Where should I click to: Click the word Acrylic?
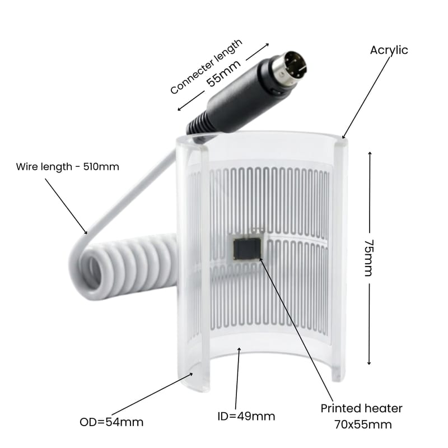[389, 50]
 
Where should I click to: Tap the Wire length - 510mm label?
[67, 166]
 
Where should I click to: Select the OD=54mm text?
[111, 422]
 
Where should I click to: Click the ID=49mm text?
[246, 416]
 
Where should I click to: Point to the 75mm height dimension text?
[368, 258]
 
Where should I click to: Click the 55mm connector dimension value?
[223, 73]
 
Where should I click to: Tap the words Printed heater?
[361, 408]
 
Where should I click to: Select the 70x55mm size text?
[363, 424]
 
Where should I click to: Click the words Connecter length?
[206, 66]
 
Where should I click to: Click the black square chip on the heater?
[248, 249]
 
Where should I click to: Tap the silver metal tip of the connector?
[289, 69]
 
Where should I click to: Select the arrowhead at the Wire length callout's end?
[85, 232]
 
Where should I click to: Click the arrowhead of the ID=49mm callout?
[239, 349]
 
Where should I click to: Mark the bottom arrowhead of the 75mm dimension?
[369, 362]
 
